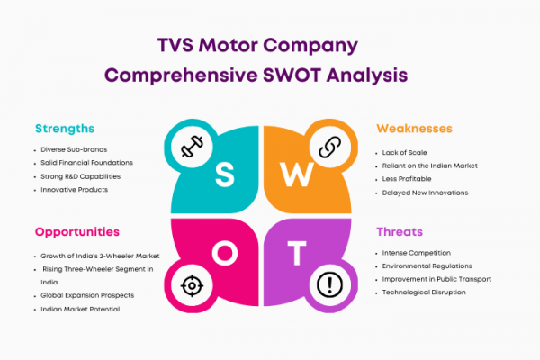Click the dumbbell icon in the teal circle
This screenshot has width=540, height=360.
point(193,147)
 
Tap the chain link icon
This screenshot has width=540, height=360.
point(330,147)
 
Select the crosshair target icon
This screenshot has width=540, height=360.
point(193,285)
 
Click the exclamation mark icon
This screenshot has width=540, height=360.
point(330,285)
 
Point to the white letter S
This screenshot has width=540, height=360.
point(225,175)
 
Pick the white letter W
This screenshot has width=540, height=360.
point(297,175)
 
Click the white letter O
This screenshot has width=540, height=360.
point(225,253)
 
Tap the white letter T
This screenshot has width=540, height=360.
point(297,253)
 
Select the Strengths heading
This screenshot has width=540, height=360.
point(65,129)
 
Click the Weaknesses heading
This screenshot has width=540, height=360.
point(414,129)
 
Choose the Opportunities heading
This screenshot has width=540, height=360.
point(77,232)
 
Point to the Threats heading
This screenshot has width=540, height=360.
point(400,232)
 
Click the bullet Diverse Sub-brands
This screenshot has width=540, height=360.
point(74,149)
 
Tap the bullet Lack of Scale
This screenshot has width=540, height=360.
point(404,153)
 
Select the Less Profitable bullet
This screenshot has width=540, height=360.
point(407,179)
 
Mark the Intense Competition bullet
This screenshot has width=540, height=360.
point(417,253)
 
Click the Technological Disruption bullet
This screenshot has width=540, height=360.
point(424,292)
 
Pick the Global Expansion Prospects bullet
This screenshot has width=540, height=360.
point(87,295)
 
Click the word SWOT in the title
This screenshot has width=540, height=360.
point(292,75)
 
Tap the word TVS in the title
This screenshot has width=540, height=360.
point(175,45)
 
